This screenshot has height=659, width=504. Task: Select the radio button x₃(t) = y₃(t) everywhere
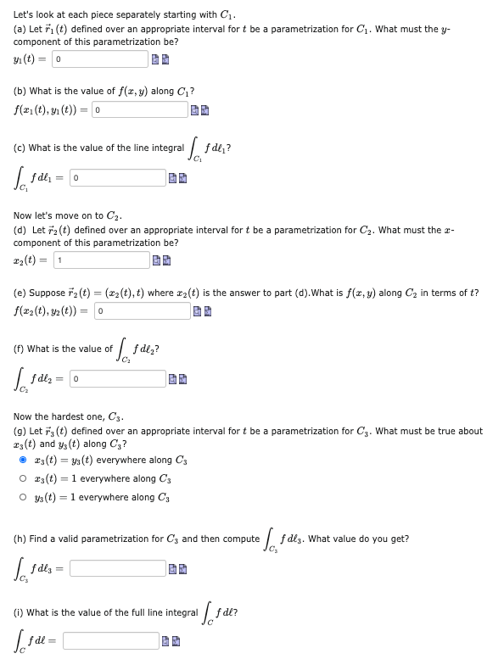(x=23, y=460)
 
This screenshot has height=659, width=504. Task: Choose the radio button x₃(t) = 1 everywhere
(x=23, y=478)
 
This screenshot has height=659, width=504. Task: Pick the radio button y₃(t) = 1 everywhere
(x=23, y=496)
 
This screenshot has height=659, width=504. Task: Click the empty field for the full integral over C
(x=109, y=640)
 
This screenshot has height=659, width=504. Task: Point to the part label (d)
(x=20, y=230)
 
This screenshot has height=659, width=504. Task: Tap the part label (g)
(x=20, y=431)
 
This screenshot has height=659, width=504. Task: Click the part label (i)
(x=19, y=612)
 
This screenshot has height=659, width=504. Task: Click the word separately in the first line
(x=141, y=14)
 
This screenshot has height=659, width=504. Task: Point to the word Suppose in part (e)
(x=45, y=293)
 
